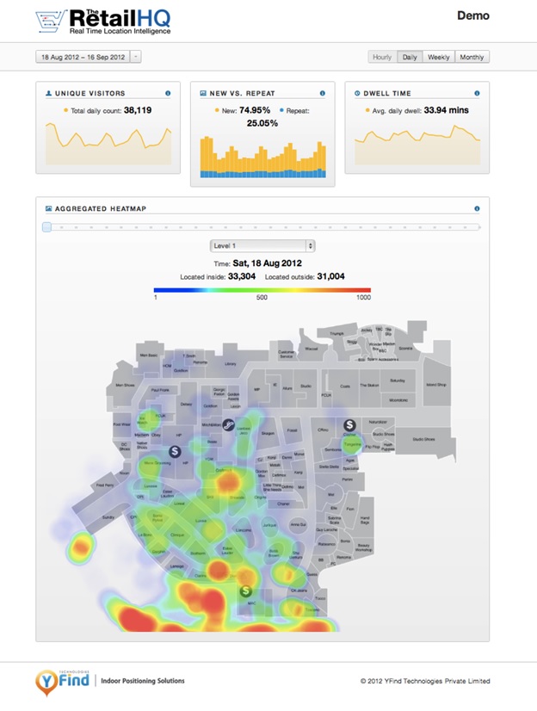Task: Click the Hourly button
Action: (381, 57)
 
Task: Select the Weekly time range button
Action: (438, 57)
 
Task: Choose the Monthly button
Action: (472, 57)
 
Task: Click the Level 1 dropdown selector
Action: (262, 246)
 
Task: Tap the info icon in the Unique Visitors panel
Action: (167, 93)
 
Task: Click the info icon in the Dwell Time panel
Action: (477, 93)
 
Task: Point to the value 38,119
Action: (138, 110)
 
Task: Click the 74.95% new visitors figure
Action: (254, 110)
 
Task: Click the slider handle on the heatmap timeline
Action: (46, 226)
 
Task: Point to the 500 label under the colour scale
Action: (262, 298)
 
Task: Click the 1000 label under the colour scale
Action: (362, 298)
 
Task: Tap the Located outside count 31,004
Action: (330, 276)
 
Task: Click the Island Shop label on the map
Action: (436, 386)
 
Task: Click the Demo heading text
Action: (473, 15)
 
